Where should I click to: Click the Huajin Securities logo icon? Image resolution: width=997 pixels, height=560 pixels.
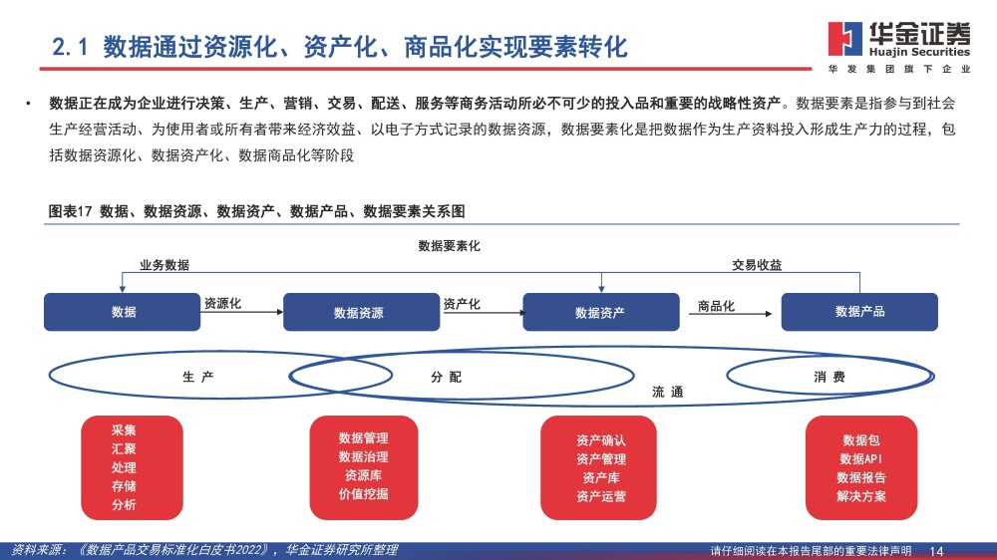845,39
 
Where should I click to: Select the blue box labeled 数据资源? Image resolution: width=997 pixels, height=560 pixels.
361,312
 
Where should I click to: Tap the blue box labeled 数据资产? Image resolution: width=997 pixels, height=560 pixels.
601,312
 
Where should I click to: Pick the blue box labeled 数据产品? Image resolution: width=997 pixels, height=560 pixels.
859,312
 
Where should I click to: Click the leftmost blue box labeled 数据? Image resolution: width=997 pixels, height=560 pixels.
122,312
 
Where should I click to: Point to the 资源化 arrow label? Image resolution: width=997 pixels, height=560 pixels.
222,304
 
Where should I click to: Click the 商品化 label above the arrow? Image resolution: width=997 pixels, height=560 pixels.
716,306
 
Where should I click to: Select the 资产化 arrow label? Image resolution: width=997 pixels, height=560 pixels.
462,305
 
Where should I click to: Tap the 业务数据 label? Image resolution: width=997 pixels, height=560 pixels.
165,265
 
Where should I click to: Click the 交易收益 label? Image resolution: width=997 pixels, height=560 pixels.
757,265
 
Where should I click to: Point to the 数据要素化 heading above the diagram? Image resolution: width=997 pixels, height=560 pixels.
449,246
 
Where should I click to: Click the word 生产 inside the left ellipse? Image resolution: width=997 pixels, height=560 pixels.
198,377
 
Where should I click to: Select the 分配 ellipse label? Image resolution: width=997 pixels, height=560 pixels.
447,377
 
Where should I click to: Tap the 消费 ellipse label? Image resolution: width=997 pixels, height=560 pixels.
830,377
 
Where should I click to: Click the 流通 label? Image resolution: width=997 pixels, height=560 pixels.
668,393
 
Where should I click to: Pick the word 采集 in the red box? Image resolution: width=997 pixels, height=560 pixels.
124,430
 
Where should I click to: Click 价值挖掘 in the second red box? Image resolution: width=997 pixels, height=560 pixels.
364,494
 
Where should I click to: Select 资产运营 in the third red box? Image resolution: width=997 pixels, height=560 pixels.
601,496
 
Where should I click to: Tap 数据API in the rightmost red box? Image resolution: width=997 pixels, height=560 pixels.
861,459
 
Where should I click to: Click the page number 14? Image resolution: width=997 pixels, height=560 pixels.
936,551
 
